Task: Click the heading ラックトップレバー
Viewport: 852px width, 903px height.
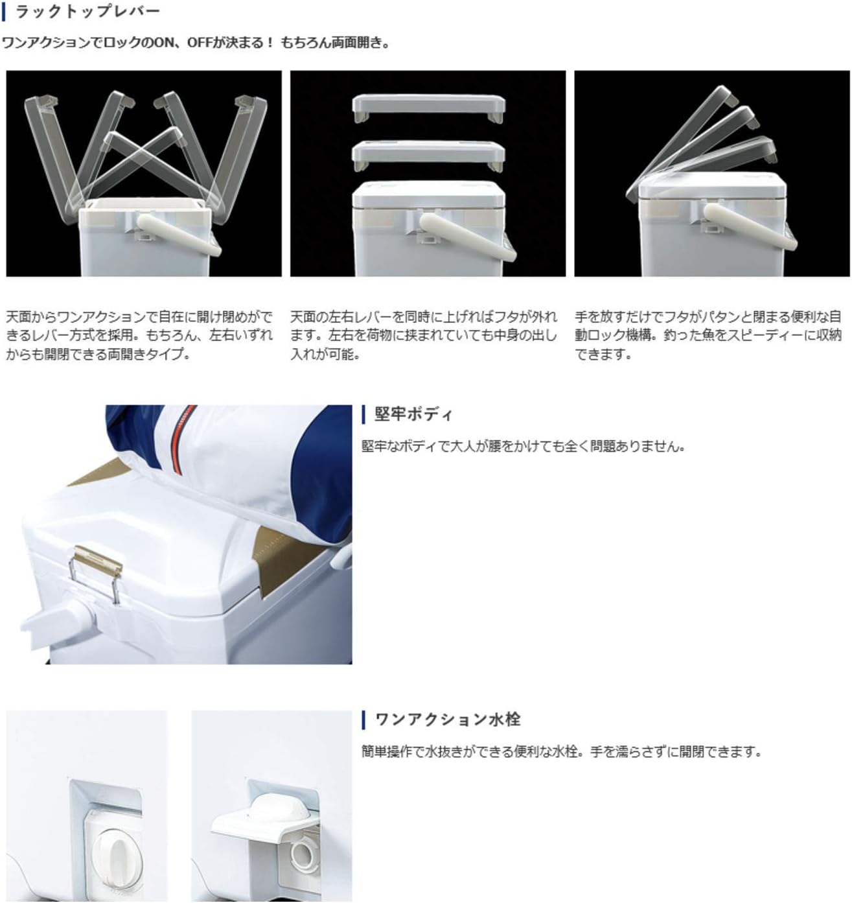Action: [87, 12]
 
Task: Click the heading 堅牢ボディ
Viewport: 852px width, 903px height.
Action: [413, 414]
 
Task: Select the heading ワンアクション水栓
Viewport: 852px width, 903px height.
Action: [447, 720]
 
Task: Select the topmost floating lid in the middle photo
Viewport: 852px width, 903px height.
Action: [428, 108]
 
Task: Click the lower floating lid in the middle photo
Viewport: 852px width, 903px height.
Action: [428, 155]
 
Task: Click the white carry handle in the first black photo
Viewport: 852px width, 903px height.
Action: [179, 235]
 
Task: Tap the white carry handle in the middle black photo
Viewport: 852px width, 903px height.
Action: [467, 237]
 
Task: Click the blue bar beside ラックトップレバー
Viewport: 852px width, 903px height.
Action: [4, 12]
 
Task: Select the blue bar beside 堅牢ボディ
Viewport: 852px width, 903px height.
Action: [363, 415]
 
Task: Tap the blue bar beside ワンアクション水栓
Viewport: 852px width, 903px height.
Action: [363, 720]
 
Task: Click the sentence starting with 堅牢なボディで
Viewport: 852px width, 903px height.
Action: [524, 446]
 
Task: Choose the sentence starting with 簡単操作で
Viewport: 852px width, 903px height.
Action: [562, 751]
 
